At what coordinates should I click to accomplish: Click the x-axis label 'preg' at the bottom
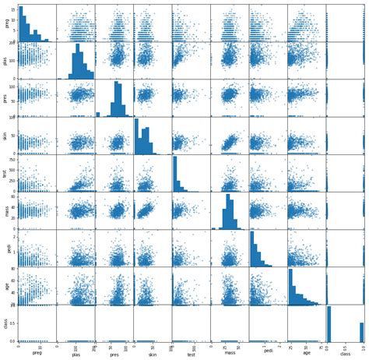click(37, 352)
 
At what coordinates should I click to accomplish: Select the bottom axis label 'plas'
click(75, 352)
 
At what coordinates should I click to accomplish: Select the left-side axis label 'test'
click(6, 173)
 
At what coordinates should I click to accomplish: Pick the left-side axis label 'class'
click(6, 323)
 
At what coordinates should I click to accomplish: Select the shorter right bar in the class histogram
click(361, 332)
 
